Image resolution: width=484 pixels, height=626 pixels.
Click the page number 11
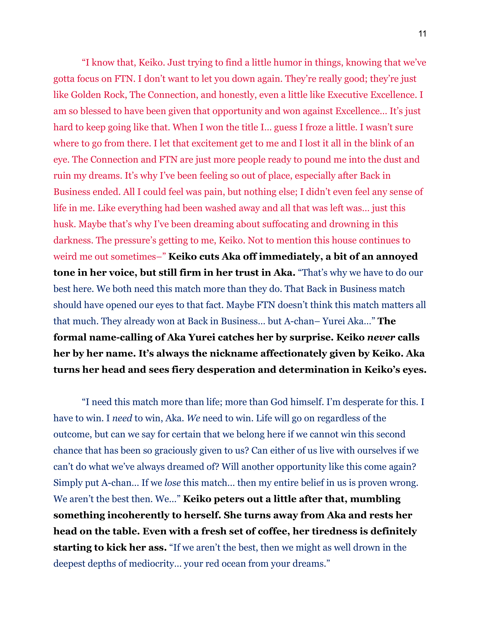point(422,34)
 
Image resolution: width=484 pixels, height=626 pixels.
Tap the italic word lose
point(172,483)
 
